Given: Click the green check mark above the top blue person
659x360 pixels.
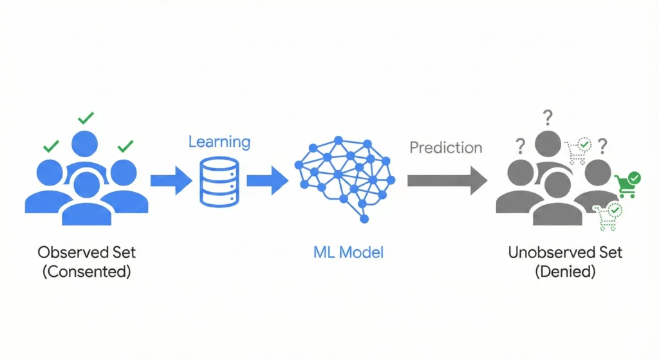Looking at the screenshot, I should (86, 118).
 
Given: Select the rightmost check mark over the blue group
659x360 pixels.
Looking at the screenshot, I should (125, 146).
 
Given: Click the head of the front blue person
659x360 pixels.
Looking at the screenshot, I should (86, 184).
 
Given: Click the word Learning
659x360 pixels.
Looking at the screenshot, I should (219, 141).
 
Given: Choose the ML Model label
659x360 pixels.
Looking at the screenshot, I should (348, 251).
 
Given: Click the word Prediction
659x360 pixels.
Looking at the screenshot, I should (445, 147).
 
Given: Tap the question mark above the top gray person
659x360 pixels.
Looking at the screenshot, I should (548, 118).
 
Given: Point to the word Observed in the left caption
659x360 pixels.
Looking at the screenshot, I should (69, 252).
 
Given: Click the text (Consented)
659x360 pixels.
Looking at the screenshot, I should (86, 271).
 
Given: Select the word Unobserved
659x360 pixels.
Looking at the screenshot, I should (545, 252).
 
